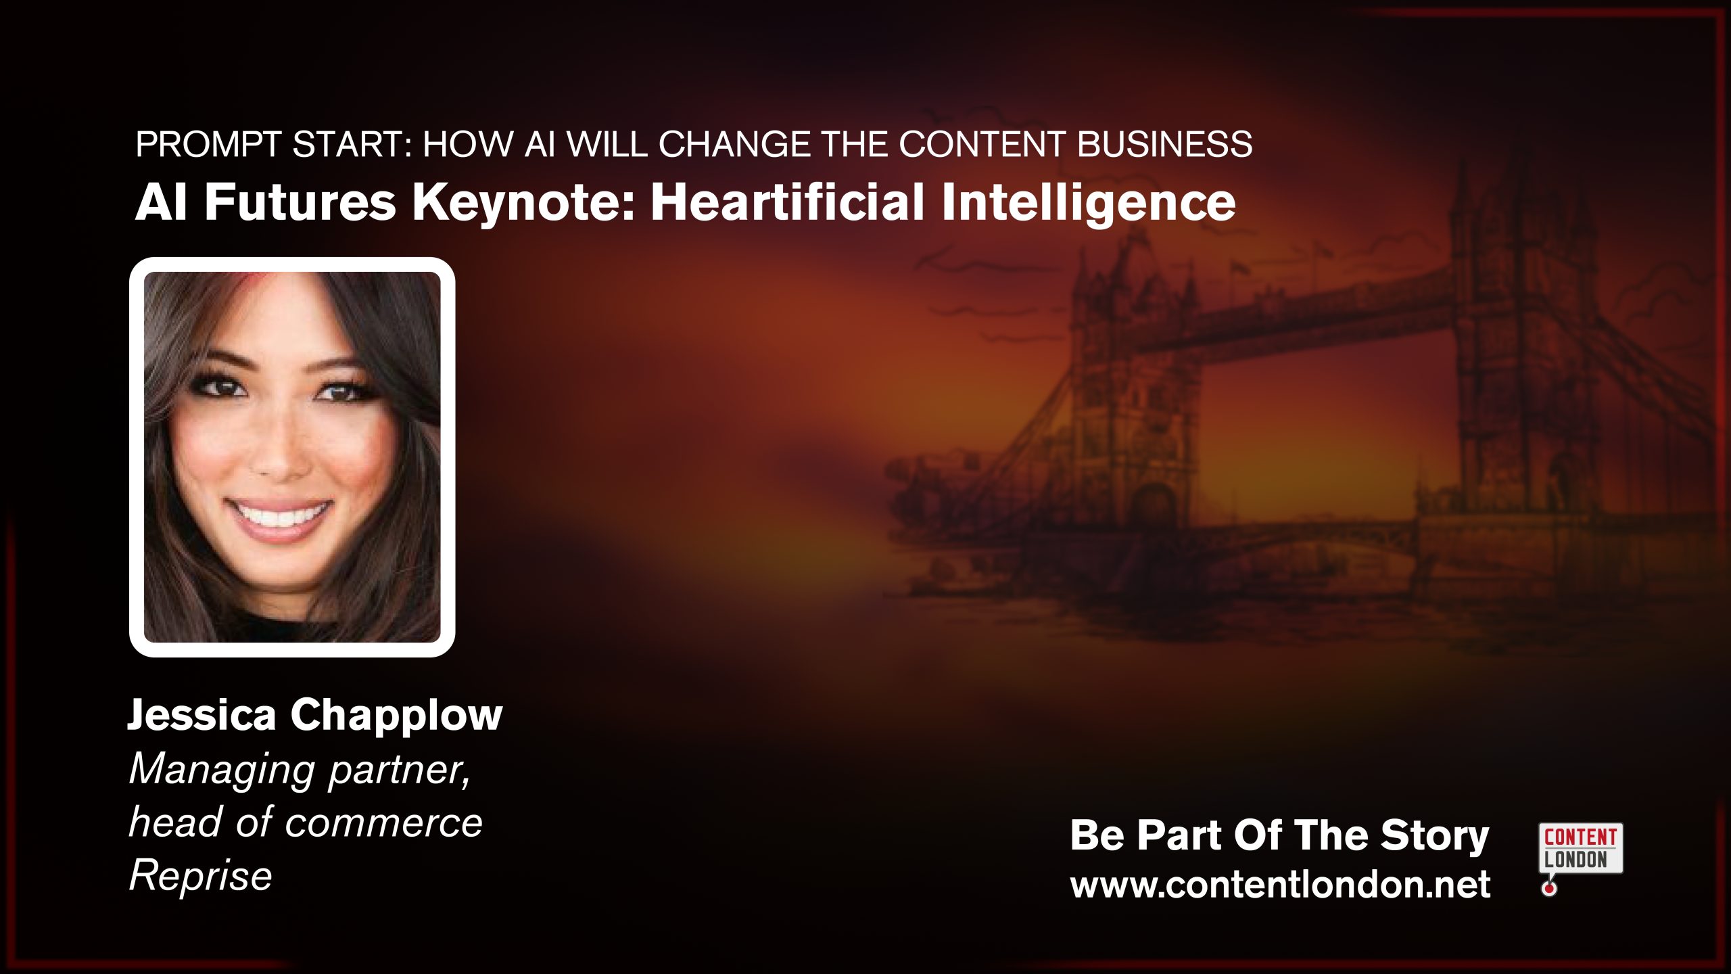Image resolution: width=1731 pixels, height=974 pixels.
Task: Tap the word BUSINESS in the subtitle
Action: pyautogui.click(x=1164, y=144)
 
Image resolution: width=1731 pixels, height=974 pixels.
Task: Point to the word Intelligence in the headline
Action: pyautogui.click(x=1088, y=203)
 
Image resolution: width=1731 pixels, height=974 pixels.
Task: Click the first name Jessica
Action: pyautogui.click(x=201, y=714)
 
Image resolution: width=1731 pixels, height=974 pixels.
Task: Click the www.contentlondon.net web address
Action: pyautogui.click(x=1280, y=885)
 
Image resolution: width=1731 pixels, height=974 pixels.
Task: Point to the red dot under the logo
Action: pyautogui.click(x=1549, y=889)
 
